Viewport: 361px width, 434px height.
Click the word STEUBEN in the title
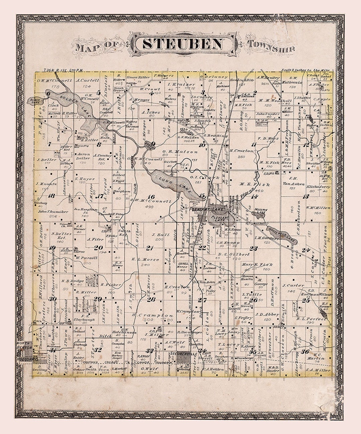pyautogui.click(x=183, y=44)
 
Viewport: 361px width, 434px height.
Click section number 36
pyautogui.click(x=305, y=351)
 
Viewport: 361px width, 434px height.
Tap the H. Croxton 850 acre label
pyautogui.click(x=242, y=151)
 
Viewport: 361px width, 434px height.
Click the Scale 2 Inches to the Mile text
pyautogui.click(x=305, y=70)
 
